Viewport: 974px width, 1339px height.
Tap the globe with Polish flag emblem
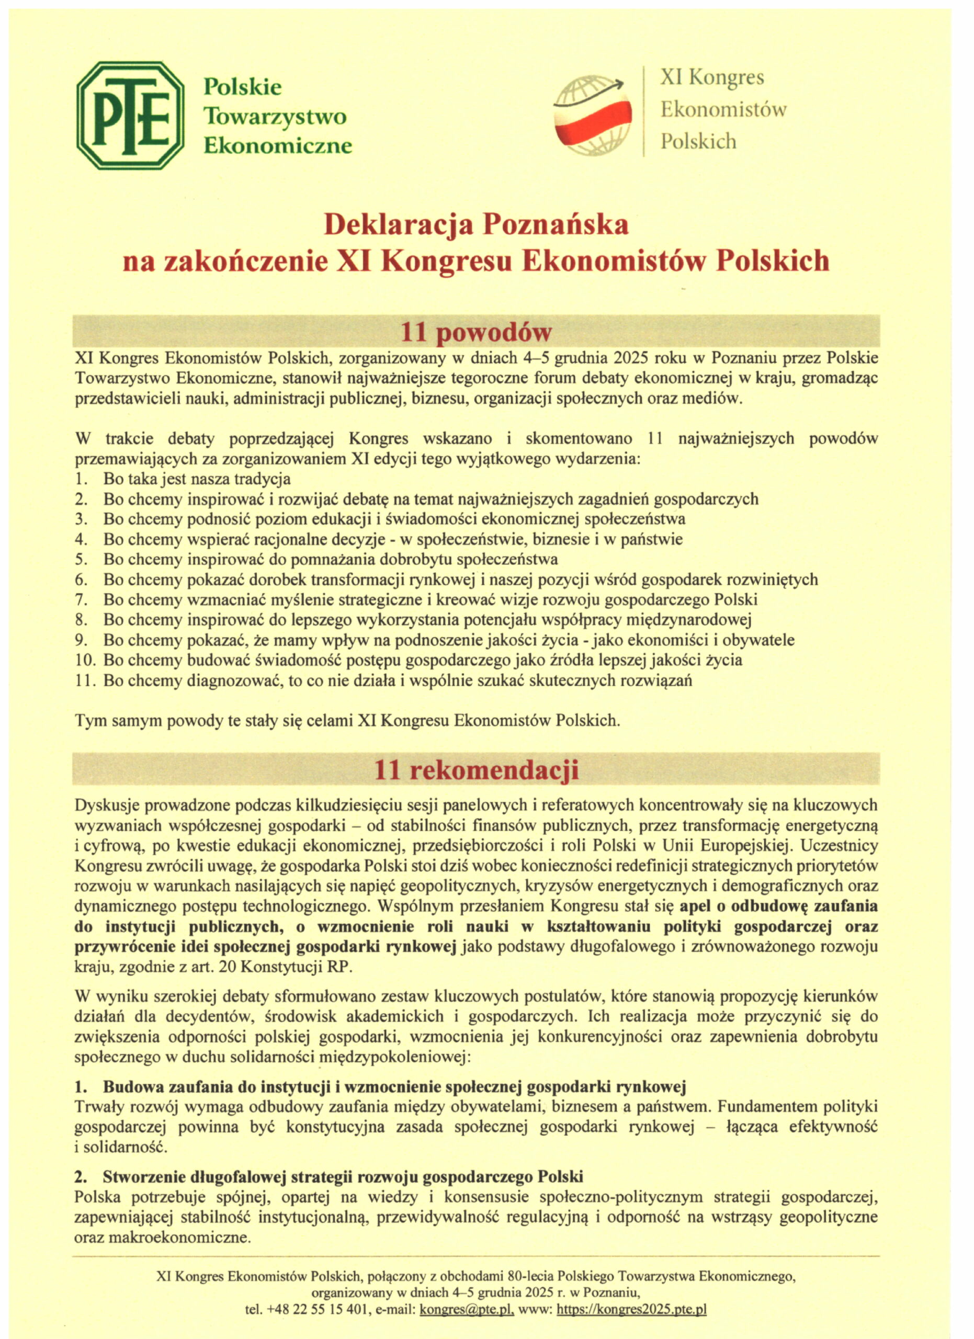(592, 116)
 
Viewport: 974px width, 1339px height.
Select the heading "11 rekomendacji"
(476, 770)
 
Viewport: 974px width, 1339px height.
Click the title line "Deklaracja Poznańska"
(476, 224)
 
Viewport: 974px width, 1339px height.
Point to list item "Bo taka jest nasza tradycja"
(197, 479)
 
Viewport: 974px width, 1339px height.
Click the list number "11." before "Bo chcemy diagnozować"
(86, 680)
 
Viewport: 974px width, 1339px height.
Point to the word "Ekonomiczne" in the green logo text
(277, 145)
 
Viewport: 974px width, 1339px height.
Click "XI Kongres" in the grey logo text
(712, 77)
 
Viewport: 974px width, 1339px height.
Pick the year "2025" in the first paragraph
(635, 358)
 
